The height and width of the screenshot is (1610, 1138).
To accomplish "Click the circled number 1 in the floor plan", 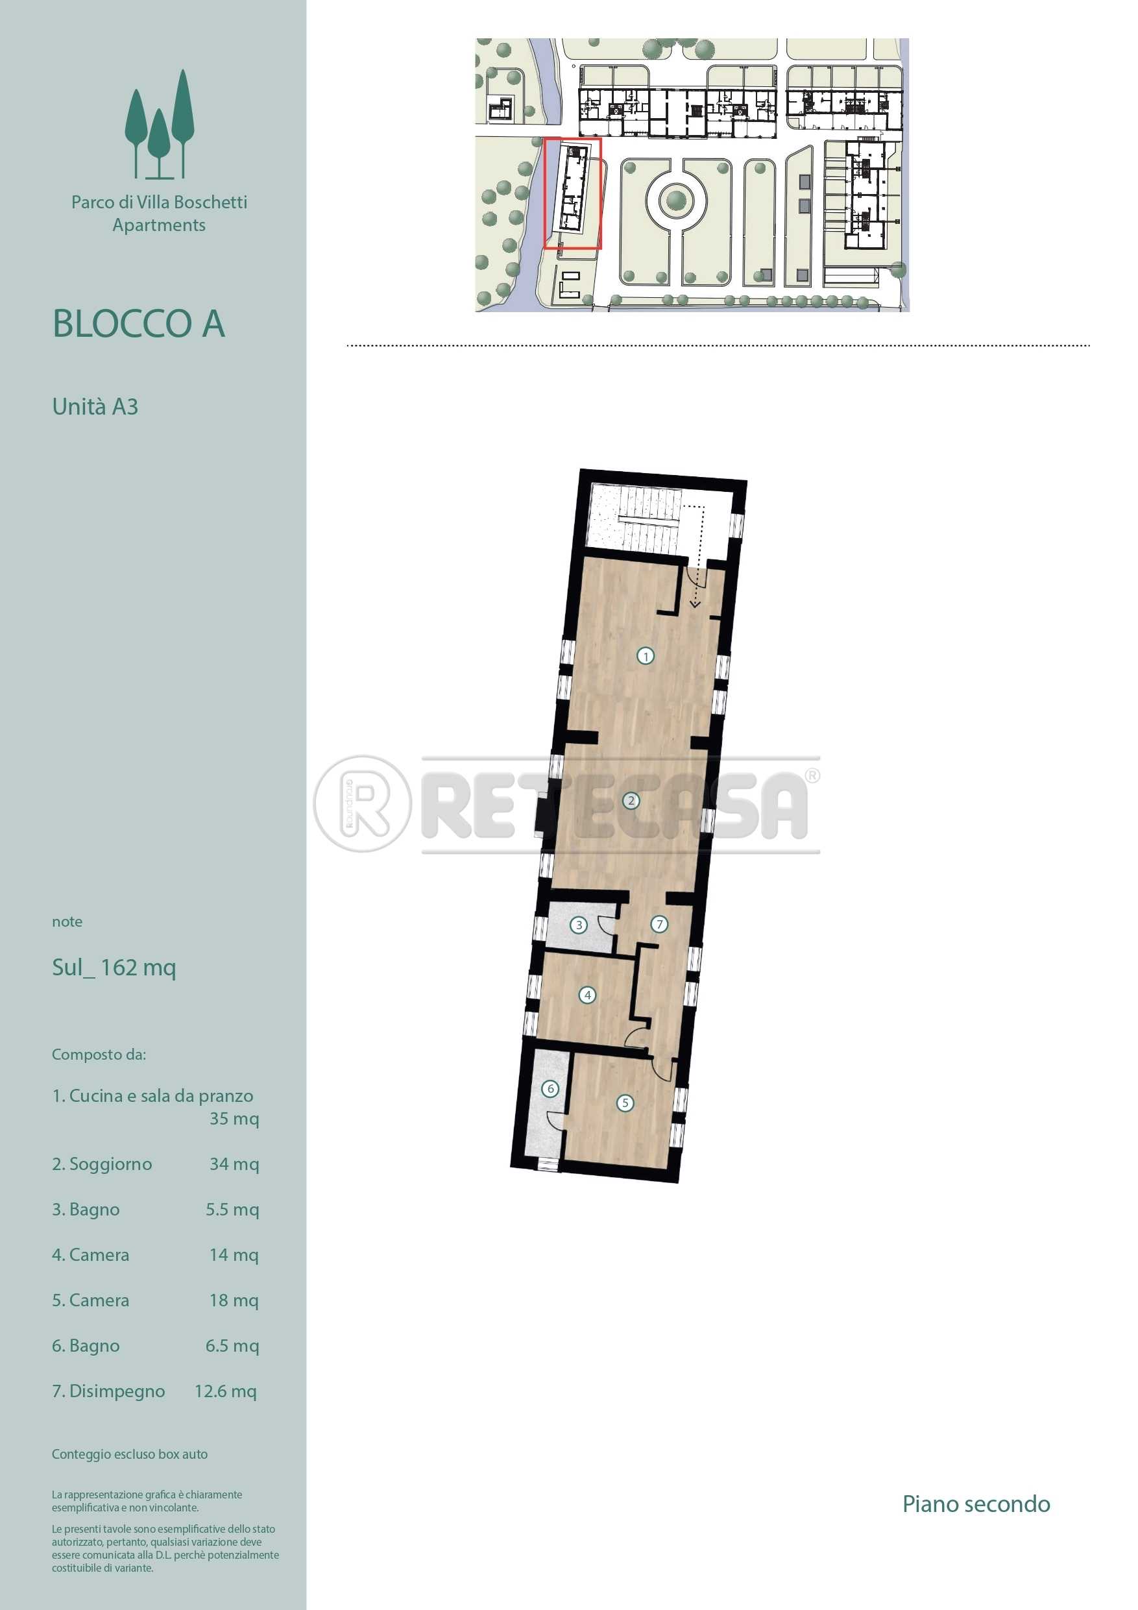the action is point(645,656).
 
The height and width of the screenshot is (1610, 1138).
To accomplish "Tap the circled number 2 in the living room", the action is point(631,800).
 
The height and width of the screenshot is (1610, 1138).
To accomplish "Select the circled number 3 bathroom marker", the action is point(579,925).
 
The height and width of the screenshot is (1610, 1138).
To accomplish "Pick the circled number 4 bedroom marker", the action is point(588,994).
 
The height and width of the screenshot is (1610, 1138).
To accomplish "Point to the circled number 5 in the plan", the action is point(625,1103).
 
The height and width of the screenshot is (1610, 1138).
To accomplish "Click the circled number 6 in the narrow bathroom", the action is point(550,1088).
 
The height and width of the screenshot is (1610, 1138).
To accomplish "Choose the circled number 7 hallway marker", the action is point(659,924).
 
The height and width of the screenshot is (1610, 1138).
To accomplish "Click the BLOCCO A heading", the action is point(139,324).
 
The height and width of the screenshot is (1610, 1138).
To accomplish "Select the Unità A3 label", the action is point(95,407).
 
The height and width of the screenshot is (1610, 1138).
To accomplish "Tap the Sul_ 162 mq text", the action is point(114,968).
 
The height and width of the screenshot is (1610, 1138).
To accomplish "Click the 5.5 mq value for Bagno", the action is point(232,1209).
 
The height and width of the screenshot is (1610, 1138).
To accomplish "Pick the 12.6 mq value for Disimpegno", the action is point(226,1391).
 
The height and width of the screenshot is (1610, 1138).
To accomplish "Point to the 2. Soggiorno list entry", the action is point(102,1164).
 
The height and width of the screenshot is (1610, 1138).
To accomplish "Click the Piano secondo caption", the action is point(976,1504).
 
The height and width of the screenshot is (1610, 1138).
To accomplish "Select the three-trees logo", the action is point(159,124).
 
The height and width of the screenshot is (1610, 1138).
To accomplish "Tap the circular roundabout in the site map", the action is point(676,200).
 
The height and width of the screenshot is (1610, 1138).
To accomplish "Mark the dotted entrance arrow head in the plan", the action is point(695,603).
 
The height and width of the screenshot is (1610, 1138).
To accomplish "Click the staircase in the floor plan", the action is point(649,520).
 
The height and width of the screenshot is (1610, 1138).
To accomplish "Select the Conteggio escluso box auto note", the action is point(130,1454).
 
